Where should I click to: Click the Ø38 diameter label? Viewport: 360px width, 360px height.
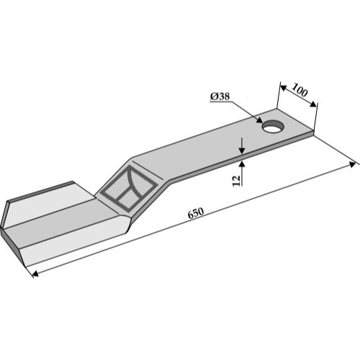[x=220, y=96]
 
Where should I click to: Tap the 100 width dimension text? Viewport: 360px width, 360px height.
[x=300, y=90]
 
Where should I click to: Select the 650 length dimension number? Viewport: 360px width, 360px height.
[x=196, y=213]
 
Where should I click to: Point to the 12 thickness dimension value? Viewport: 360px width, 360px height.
[x=236, y=181]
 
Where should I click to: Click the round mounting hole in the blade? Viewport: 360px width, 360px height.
[x=274, y=126]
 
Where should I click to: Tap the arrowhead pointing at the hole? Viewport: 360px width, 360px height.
[x=259, y=120]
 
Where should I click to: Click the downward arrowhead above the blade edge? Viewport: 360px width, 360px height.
[x=242, y=150]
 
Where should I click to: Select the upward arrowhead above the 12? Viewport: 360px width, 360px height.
[x=242, y=164]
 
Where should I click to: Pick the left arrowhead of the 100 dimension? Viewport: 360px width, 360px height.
[x=284, y=89]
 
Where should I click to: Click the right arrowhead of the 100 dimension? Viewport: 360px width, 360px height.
[x=313, y=104]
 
